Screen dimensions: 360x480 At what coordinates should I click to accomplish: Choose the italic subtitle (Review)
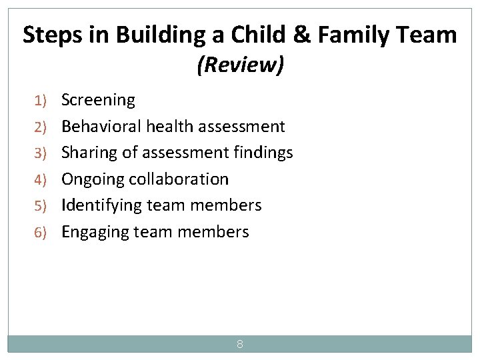coord(240,65)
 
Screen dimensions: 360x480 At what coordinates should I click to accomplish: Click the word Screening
coord(98,100)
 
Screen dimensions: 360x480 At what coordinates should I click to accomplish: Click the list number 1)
coord(41,101)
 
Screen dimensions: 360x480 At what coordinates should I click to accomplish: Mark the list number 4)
coord(41,180)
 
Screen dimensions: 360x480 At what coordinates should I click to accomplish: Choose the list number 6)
coord(41,233)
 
